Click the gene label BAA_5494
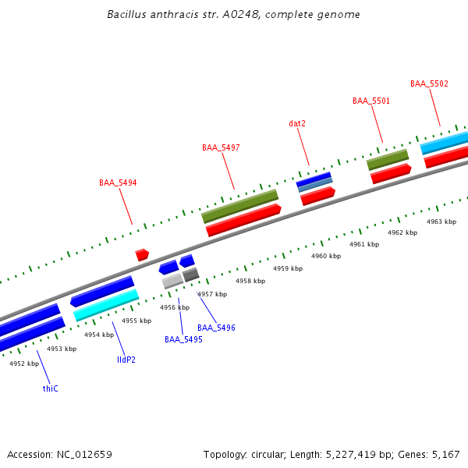pyautogui.click(x=118, y=183)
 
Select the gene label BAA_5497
pyautogui.click(x=221, y=147)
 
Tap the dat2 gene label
pyautogui.click(x=297, y=123)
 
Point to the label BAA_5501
pyautogui.click(x=371, y=101)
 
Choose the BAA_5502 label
pyautogui.click(x=429, y=83)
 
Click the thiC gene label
pyautogui.click(x=51, y=388)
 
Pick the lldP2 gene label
pyautogui.click(x=126, y=360)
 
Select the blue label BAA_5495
pyautogui.click(x=183, y=339)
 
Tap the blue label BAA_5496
pyautogui.click(x=216, y=328)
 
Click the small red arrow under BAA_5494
pyautogui.click(x=142, y=254)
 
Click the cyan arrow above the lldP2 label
pyautogui.click(x=106, y=305)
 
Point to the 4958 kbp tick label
pyautogui.click(x=250, y=281)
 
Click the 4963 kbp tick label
pyautogui.click(x=441, y=222)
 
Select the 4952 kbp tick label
pyautogui.click(x=24, y=363)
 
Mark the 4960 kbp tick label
pyautogui.click(x=326, y=256)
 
